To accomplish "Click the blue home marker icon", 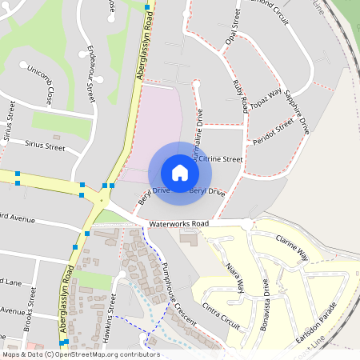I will click(x=180, y=173).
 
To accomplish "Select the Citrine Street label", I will click(x=214, y=160).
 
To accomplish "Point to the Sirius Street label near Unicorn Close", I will click(x=44, y=146).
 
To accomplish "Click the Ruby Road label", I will click(x=238, y=96).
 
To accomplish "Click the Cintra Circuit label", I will click(x=222, y=315).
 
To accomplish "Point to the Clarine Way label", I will click(x=292, y=247).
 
